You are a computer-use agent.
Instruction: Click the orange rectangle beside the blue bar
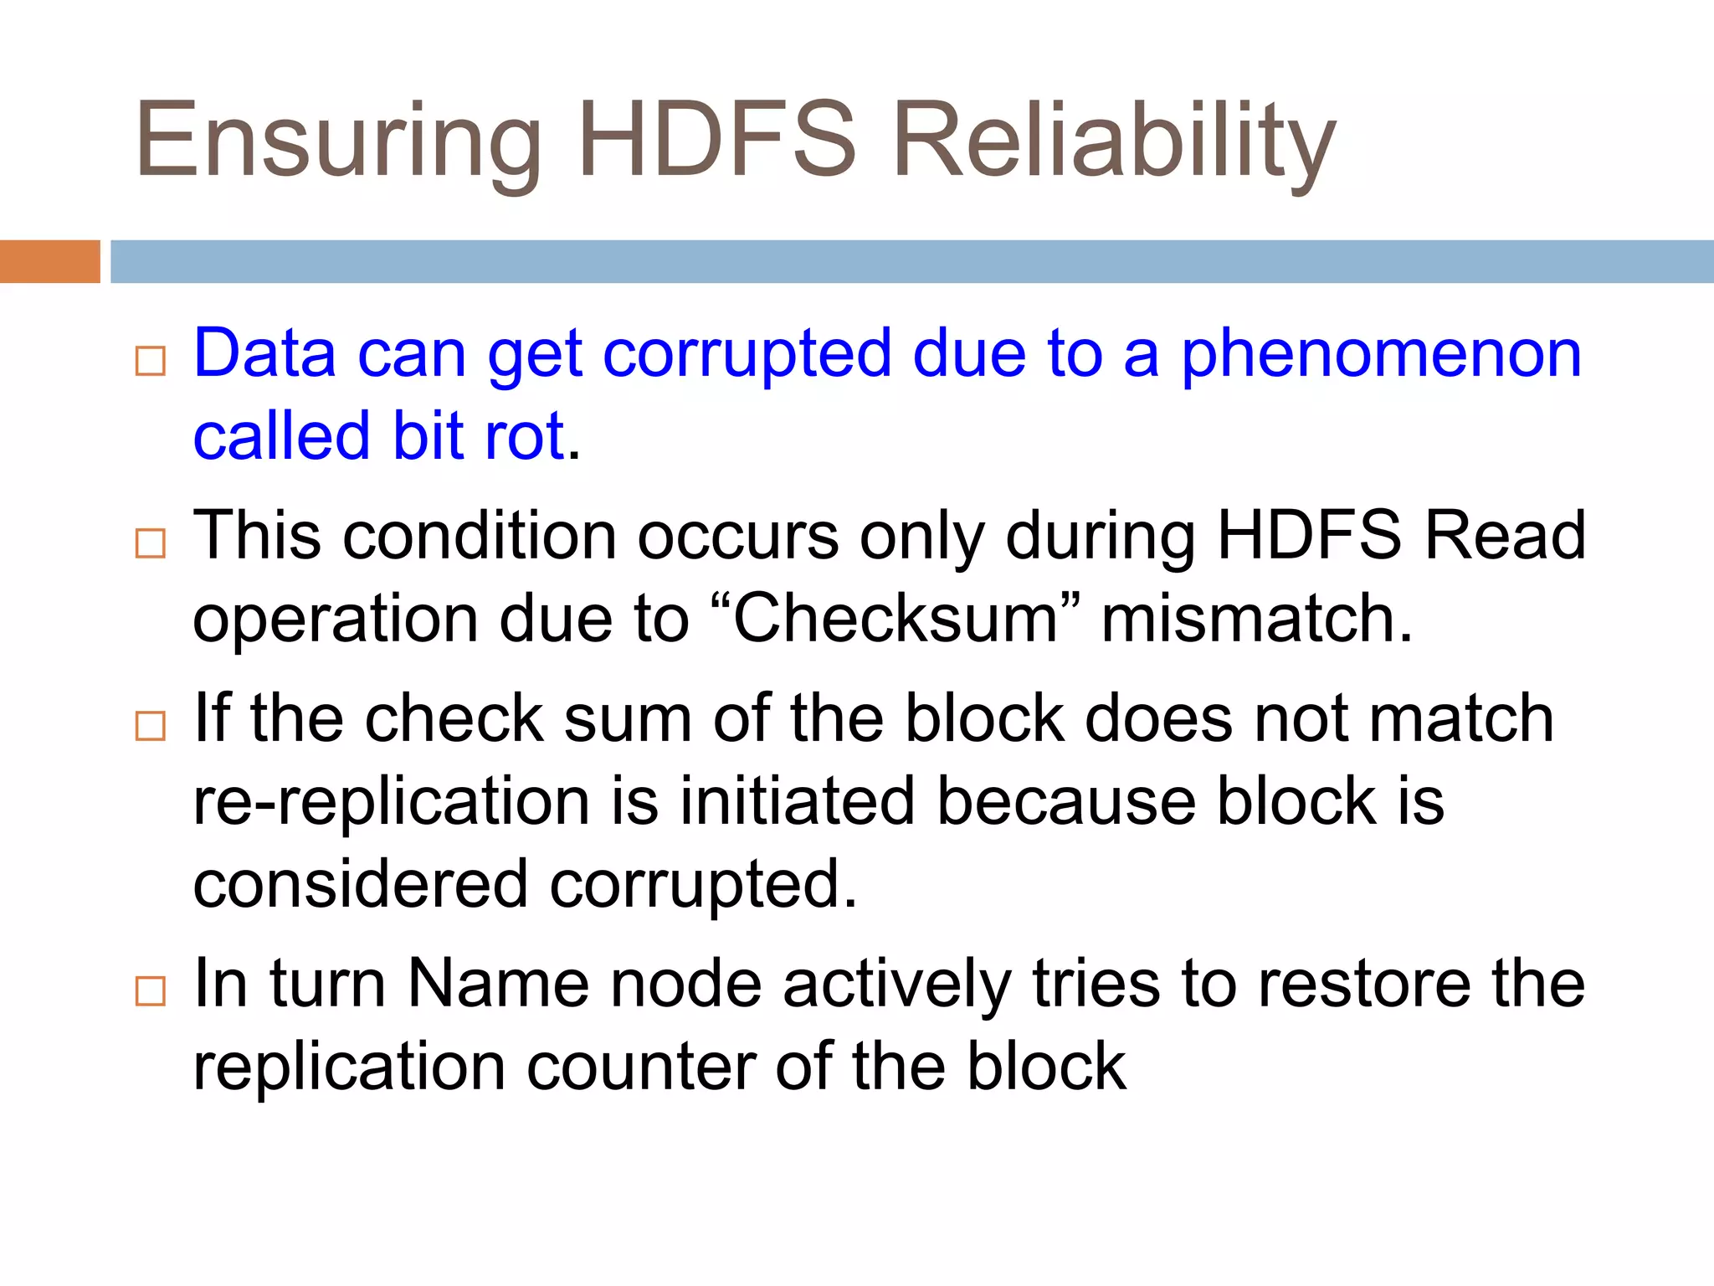pos(49,261)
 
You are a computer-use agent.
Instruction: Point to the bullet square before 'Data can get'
pos(151,361)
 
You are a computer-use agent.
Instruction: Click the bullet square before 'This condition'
pos(151,543)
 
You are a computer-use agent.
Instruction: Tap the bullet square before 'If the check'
pos(151,725)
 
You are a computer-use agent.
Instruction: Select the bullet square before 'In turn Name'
pos(151,990)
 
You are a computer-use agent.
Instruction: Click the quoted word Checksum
pos(896,619)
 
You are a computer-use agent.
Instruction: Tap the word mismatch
pos(1256,619)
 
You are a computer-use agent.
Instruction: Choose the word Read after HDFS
pos(1504,536)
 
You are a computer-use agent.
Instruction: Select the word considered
pos(360,884)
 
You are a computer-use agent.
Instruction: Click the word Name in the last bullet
pos(499,983)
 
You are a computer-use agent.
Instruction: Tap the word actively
pos(896,985)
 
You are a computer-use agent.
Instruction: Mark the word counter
pos(640,1067)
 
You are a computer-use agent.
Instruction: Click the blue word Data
pos(264,353)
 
